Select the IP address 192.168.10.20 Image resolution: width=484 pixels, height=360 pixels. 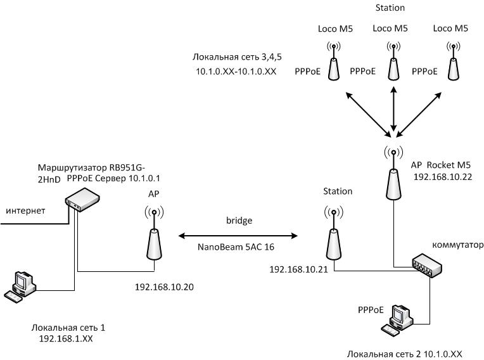pyautogui.click(x=164, y=287)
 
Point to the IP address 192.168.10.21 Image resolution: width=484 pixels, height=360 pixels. pyautogui.click(x=298, y=269)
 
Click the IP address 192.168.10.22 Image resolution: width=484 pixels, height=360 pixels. pyautogui.click(x=443, y=177)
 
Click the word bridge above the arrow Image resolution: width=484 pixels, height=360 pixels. pyautogui.click(x=239, y=221)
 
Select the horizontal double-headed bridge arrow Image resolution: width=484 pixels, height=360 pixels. pyautogui.click(x=238, y=236)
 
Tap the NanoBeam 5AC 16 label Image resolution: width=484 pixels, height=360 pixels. pyautogui.click(x=236, y=247)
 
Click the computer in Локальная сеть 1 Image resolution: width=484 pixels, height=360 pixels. pyautogui.click(x=20, y=287)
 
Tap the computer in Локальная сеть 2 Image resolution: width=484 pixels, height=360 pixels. pyautogui.click(x=397, y=321)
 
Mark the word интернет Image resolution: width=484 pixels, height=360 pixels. pyautogui.click(x=25, y=211)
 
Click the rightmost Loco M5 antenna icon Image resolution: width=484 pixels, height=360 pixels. pyautogui.click(x=453, y=61)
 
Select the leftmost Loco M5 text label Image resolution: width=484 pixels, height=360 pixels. pyautogui.click(x=335, y=29)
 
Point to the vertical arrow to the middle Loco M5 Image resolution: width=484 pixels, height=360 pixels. pyautogui.click(x=393, y=108)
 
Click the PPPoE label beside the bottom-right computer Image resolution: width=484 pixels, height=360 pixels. pyautogui.click(x=371, y=310)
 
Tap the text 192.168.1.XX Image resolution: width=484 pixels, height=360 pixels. pyautogui.click(x=66, y=338)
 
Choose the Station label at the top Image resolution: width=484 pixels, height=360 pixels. pyautogui.click(x=390, y=8)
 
